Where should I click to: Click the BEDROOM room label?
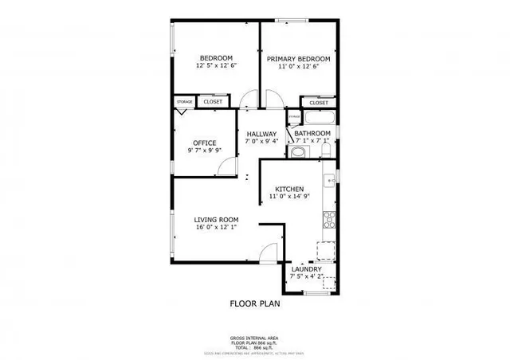click(x=215, y=58)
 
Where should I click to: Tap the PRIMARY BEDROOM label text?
click(x=298, y=58)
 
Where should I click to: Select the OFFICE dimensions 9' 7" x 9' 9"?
click(x=204, y=151)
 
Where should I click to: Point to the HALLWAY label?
click(x=261, y=134)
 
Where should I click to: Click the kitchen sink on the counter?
click(x=328, y=182)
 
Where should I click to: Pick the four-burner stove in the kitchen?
click(x=328, y=220)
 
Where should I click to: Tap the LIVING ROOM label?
click(x=216, y=220)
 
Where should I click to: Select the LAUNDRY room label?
click(x=306, y=269)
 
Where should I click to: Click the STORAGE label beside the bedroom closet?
click(x=185, y=102)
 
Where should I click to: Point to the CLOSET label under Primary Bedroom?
click(x=318, y=103)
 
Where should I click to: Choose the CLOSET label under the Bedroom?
click(x=213, y=102)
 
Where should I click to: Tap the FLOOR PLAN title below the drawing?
click(x=255, y=303)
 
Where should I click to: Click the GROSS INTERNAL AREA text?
click(x=254, y=338)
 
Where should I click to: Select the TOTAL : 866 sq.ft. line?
click(x=254, y=347)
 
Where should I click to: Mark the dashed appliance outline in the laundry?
click(x=325, y=251)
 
